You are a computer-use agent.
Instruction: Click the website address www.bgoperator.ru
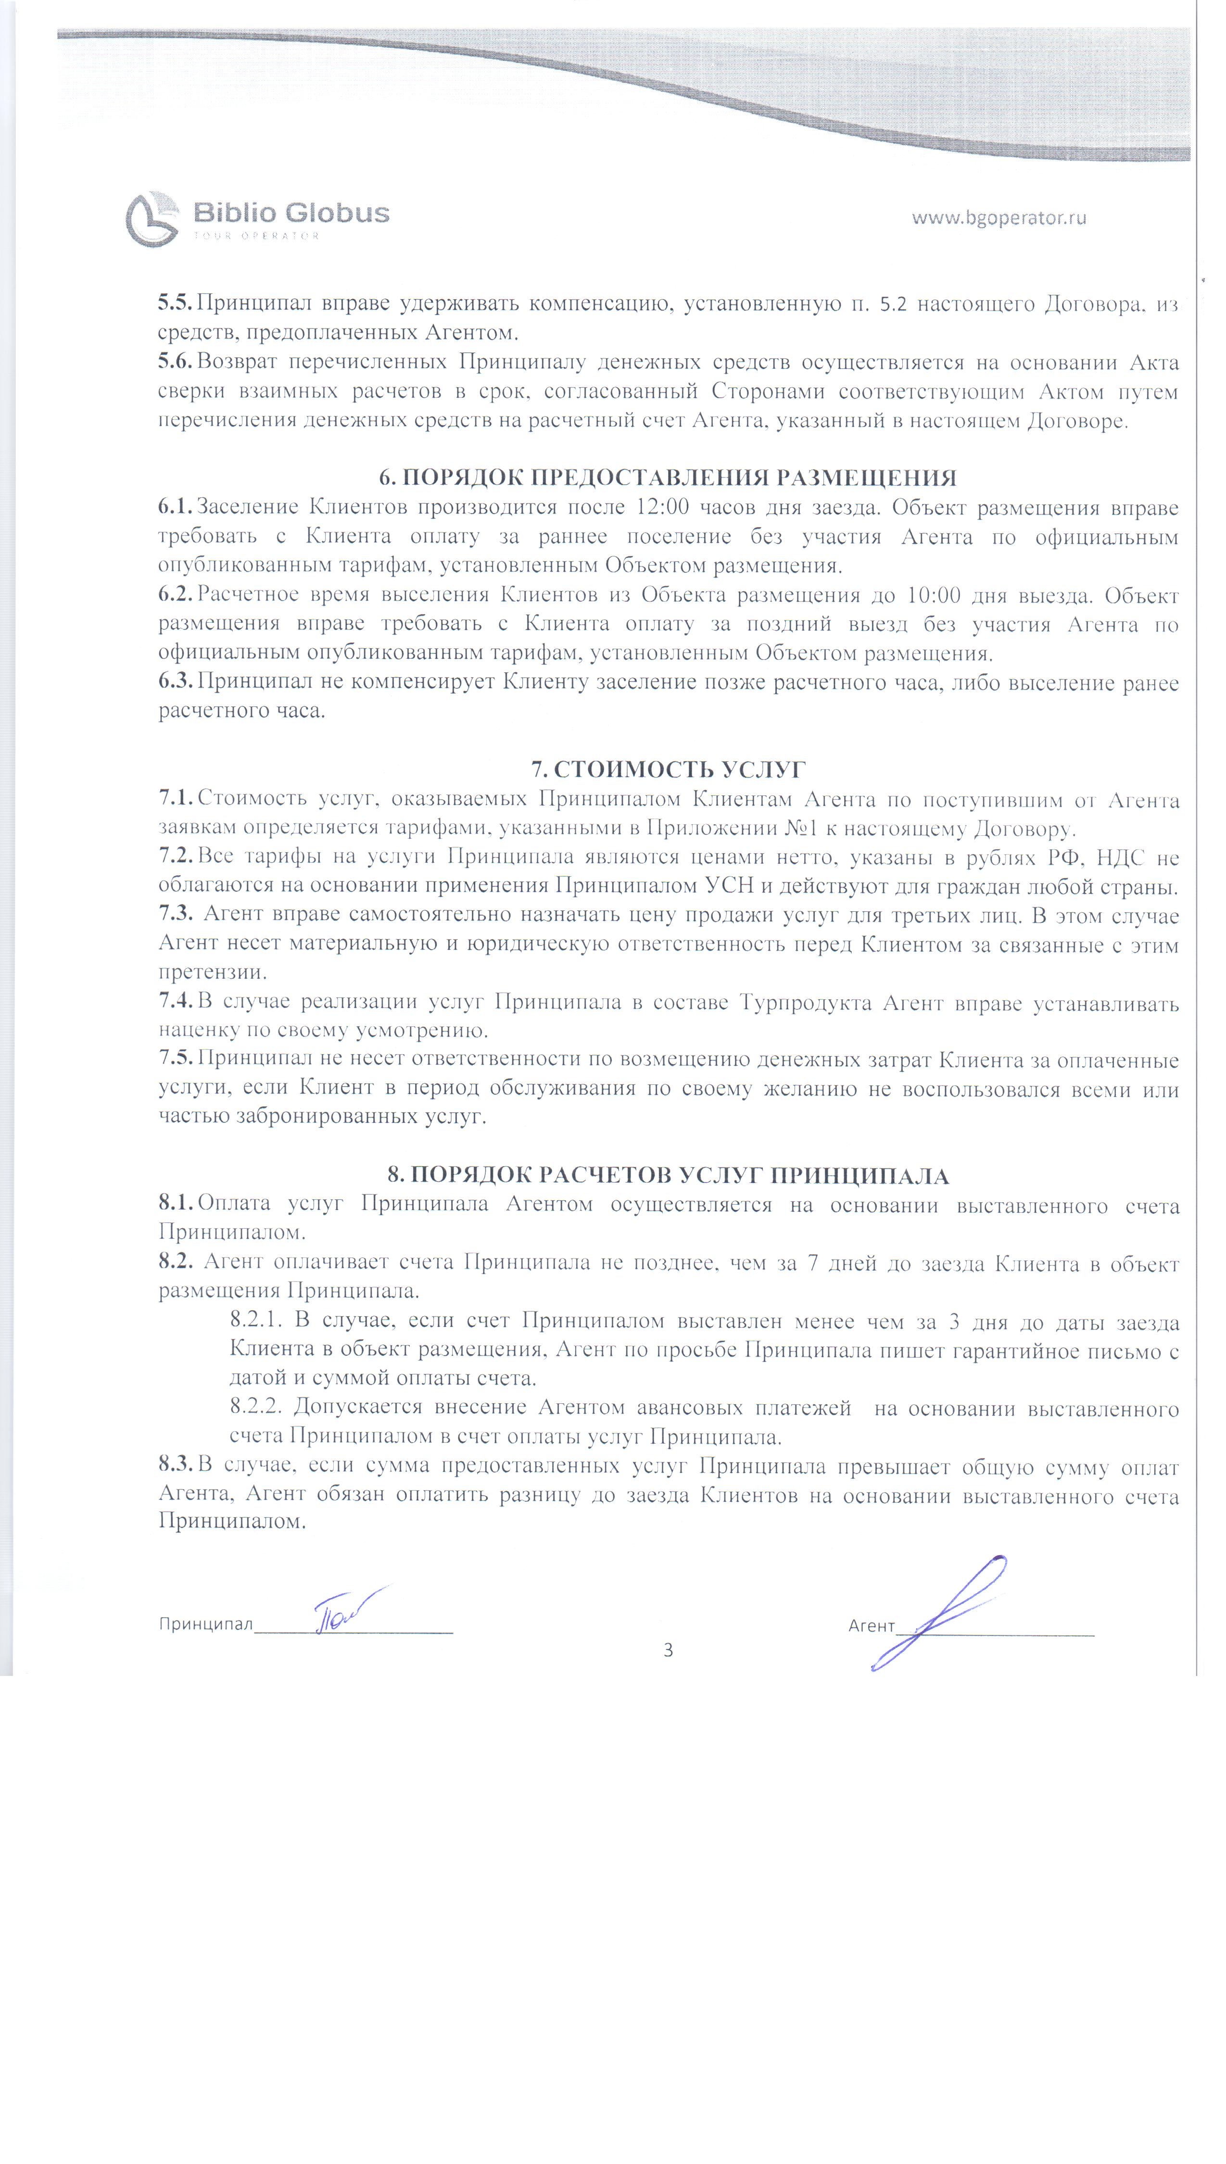tap(998, 218)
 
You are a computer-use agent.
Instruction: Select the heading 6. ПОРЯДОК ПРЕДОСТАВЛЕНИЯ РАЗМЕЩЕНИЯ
tap(668, 478)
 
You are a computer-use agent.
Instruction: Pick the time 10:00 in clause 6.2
tap(934, 595)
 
